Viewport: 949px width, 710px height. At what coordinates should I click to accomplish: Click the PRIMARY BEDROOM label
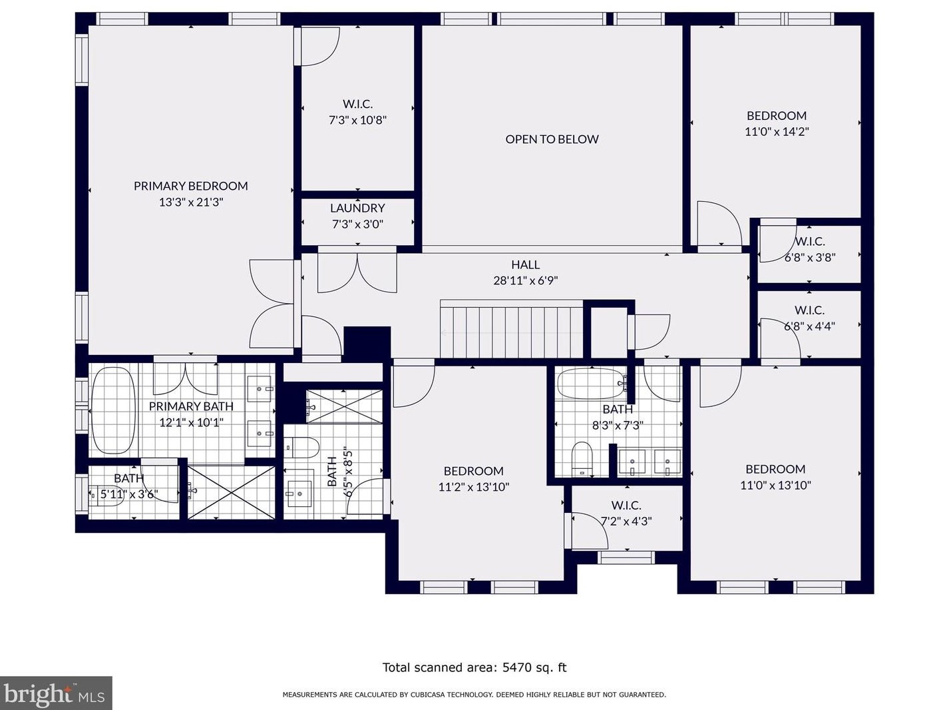pos(190,186)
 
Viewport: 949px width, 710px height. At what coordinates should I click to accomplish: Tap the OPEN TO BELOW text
pos(552,139)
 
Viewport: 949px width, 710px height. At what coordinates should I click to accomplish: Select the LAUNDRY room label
pos(357,208)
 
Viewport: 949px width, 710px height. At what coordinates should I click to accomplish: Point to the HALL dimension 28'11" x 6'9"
pos(525,281)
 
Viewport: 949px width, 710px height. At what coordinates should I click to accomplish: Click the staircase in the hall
pos(512,330)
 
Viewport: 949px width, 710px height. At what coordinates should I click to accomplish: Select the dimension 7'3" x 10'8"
pos(357,120)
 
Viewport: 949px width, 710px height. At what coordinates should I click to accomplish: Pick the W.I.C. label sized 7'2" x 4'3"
pos(626,506)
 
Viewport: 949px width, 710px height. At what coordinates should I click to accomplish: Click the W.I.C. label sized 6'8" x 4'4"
pos(809,310)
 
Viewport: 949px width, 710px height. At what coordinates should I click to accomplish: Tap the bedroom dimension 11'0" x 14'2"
pos(777,131)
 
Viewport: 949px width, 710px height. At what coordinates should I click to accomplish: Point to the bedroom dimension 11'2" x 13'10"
pos(474,487)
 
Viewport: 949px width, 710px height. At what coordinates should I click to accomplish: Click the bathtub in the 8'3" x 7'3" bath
pos(591,384)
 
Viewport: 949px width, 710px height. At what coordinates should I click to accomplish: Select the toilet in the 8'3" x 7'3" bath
pos(581,458)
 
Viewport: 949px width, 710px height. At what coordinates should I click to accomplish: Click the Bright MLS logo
pos(56,693)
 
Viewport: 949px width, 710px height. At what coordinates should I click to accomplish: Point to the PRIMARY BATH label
pos(191,406)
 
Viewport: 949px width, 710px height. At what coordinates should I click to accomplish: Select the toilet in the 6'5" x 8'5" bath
pos(301,448)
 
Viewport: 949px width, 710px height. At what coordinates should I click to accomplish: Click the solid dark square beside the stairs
pos(367,344)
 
